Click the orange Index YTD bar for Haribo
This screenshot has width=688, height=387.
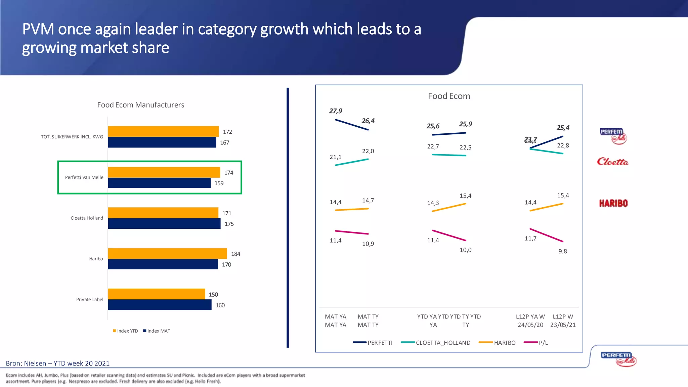pyautogui.click(x=167, y=253)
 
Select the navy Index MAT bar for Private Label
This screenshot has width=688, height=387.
pyautogui.click(x=160, y=305)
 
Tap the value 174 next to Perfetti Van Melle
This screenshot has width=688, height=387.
pyautogui.click(x=228, y=173)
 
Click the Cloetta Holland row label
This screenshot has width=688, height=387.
pyautogui.click(x=87, y=218)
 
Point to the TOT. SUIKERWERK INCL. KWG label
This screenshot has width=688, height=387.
pyautogui.click(x=72, y=137)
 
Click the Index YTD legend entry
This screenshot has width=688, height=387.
pyautogui.click(x=125, y=331)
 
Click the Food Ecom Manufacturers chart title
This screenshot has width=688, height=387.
pyautogui.click(x=140, y=105)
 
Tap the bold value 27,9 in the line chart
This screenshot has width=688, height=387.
pyautogui.click(x=336, y=111)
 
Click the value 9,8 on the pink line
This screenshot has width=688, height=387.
pyautogui.click(x=563, y=251)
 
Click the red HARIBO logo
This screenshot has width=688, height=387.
pyautogui.click(x=613, y=203)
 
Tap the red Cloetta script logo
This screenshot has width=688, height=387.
pyautogui.click(x=612, y=162)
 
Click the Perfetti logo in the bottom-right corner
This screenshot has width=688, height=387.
pyautogui.click(x=618, y=359)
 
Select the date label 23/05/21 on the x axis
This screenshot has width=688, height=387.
pyautogui.click(x=563, y=325)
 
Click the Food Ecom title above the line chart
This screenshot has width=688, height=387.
pyautogui.click(x=449, y=96)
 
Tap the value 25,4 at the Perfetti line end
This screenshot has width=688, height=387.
pyautogui.click(x=563, y=128)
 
